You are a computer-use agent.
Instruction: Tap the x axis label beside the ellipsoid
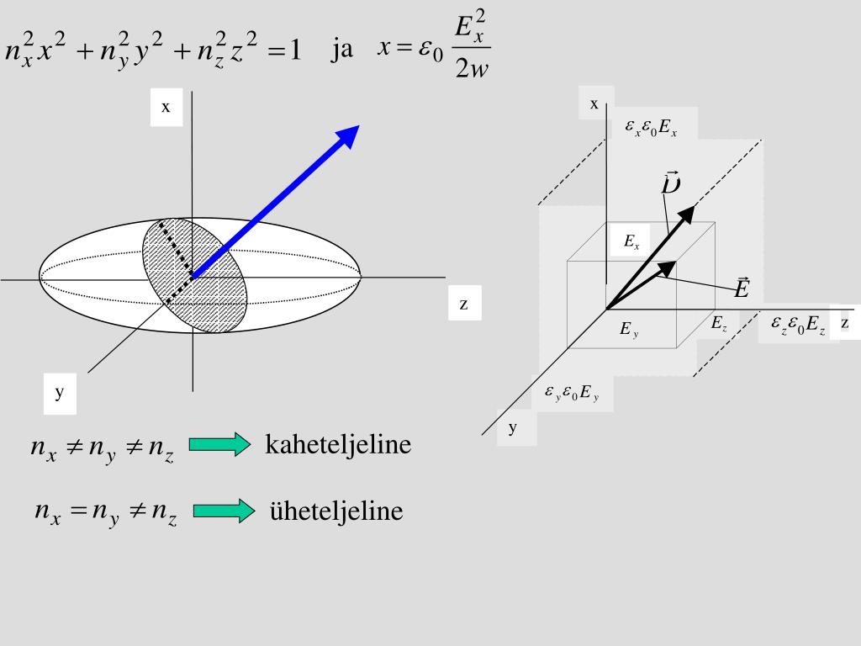tap(166, 107)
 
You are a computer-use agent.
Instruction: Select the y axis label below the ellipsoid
tap(60, 392)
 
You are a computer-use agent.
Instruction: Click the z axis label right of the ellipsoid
tap(463, 304)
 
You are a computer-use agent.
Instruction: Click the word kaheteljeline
tap(338, 444)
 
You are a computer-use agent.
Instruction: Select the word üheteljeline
tap(336, 511)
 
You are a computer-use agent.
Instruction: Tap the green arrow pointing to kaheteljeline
tap(219, 444)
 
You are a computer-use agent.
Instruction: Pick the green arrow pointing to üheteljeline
tap(223, 511)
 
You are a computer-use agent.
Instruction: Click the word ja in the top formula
tap(341, 50)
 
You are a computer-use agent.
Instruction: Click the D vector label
tap(670, 183)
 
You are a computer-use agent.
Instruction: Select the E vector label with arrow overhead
tap(742, 289)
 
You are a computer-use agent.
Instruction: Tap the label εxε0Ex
tap(651, 128)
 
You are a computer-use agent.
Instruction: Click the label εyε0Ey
tap(571, 393)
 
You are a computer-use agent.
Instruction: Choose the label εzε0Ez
tap(798, 325)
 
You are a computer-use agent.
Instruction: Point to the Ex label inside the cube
tap(631, 243)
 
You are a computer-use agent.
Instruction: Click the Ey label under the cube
tap(629, 331)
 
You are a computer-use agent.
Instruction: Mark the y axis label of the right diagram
tap(512, 427)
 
